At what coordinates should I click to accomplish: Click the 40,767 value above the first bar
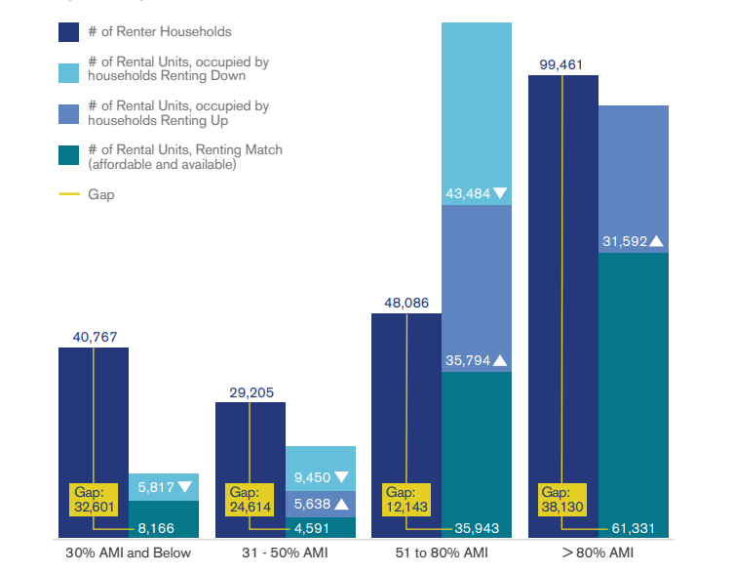pyautogui.click(x=94, y=338)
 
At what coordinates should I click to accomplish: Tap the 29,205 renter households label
pyautogui.click(x=251, y=392)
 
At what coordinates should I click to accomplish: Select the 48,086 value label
pyautogui.click(x=406, y=304)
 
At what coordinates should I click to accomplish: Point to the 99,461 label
pyautogui.click(x=562, y=65)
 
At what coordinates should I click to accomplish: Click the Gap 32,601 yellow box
pyautogui.click(x=94, y=500)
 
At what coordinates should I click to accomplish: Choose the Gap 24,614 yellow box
pyautogui.click(x=250, y=500)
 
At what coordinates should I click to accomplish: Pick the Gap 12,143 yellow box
pyautogui.click(x=406, y=500)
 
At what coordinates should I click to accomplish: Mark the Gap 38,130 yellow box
pyautogui.click(x=562, y=500)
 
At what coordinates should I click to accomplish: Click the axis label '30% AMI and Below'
pyautogui.click(x=129, y=553)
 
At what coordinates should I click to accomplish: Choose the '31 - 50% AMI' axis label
pyautogui.click(x=285, y=553)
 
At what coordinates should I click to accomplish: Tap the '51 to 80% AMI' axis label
pyautogui.click(x=442, y=553)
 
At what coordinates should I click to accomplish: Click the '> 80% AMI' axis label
pyautogui.click(x=598, y=553)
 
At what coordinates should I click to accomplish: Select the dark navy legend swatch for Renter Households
pyautogui.click(x=68, y=32)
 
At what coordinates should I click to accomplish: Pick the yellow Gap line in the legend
pyautogui.click(x=68, y=194)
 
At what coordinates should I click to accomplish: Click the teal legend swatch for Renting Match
pyautogui.click(x=68, y=156)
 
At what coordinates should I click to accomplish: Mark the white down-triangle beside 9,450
pyautogui.click(x=342, y=477)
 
